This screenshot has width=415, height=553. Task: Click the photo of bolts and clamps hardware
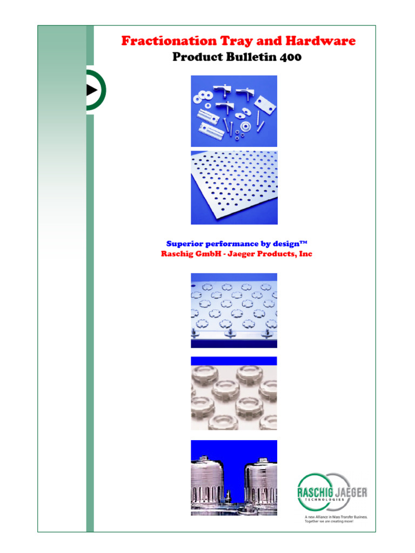click(234, 111)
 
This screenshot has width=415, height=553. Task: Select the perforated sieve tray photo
click(234, 187)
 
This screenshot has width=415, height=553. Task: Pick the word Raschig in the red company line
click(178, 254)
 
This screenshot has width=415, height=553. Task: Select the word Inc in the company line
click(306, 254)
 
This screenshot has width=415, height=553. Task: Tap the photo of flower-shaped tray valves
click(234, 310)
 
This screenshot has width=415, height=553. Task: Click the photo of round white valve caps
click(234, 393)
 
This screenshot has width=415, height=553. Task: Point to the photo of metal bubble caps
click(234, 477)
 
